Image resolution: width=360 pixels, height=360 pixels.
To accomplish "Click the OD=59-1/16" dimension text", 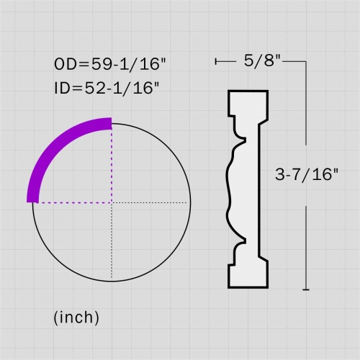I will (x=109, y=63).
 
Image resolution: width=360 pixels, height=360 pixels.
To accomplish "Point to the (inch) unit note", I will (x=76, y=317).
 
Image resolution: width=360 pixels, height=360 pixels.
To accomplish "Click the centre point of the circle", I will (x=112, y=202).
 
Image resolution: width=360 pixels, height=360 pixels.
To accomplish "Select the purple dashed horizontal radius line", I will (x=72, y=202).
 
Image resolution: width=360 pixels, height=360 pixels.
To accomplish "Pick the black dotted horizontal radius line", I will (x=151, y=202).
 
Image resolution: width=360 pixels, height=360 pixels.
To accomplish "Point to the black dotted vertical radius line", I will (x=112, y=241).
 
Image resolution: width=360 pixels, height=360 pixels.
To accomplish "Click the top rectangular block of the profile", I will (x=248, y=104).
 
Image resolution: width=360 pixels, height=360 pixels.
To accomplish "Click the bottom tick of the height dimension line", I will (x=307, y=289).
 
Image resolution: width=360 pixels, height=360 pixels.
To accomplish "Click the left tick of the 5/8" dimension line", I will (x=216, y=63).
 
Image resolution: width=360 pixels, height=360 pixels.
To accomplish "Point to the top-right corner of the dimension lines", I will (x=307, y=63).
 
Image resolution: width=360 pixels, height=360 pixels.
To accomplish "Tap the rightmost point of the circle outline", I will (x=191, y=202).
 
